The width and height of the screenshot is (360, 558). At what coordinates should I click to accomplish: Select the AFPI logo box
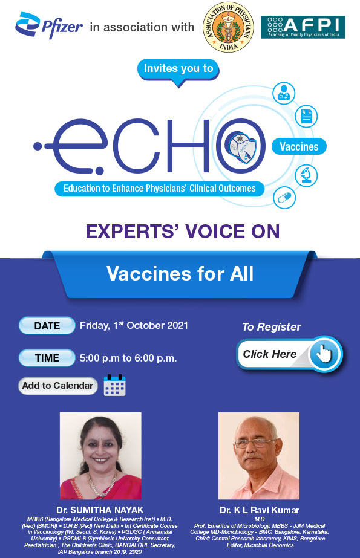coord(303,28)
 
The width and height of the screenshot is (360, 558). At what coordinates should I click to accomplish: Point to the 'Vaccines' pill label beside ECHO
coord(299,146)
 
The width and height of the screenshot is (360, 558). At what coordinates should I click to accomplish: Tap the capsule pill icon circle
coord(283,196)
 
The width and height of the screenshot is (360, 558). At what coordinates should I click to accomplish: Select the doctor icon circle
coord(283,93)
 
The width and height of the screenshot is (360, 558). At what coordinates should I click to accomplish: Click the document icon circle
coord(306,115)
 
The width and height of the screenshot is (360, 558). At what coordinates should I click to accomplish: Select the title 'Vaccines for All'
coord(180,274)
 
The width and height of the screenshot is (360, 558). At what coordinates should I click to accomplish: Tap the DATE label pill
coord(47,326)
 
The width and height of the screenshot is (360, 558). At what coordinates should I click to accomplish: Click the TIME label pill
coord(47,358)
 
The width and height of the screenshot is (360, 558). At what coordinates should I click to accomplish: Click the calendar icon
coord(114,386)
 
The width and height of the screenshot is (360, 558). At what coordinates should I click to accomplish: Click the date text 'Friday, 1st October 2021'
coord(134,325)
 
